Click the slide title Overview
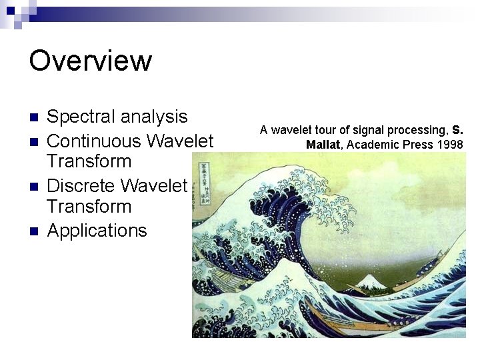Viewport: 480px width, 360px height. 91,61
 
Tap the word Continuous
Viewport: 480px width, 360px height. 93,141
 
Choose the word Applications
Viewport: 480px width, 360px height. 97,231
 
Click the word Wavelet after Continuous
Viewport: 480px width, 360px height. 180,141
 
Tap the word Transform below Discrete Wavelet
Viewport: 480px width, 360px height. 89,207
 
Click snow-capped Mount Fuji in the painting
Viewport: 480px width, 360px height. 368,283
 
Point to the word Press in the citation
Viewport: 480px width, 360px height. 413,145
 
